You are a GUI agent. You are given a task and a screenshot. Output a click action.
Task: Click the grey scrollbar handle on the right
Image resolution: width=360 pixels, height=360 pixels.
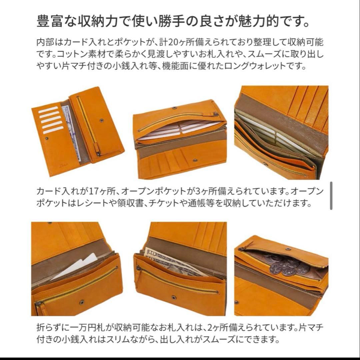331,196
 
